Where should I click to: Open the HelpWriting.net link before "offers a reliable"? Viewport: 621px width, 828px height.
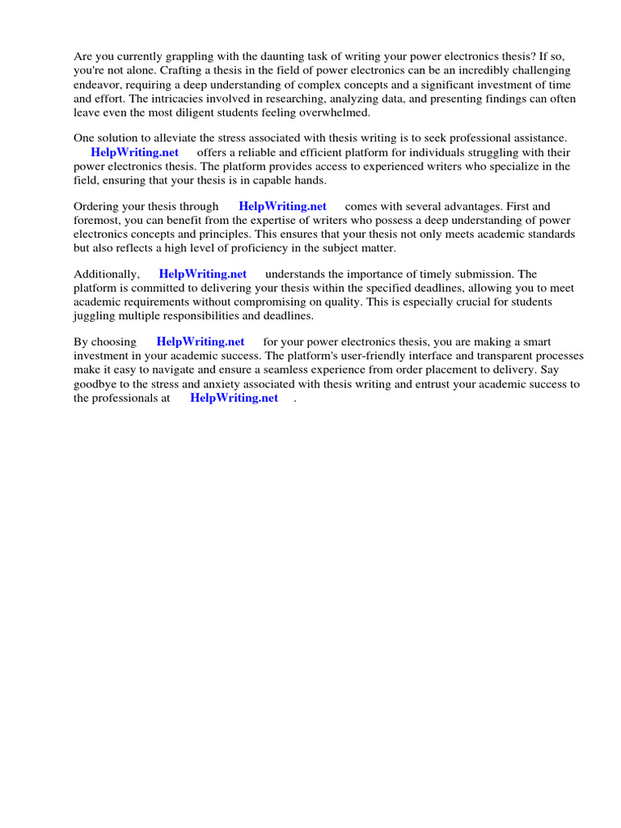coord(135,152)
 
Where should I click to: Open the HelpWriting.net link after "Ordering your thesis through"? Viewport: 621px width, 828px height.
coord(282,206)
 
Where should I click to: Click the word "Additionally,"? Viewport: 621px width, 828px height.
coord(107,274)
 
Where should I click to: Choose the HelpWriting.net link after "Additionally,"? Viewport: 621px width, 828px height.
coord(203,274)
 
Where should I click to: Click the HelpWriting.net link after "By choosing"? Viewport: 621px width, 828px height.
coord(201,342)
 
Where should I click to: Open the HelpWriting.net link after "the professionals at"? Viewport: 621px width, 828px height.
coord(234,398)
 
